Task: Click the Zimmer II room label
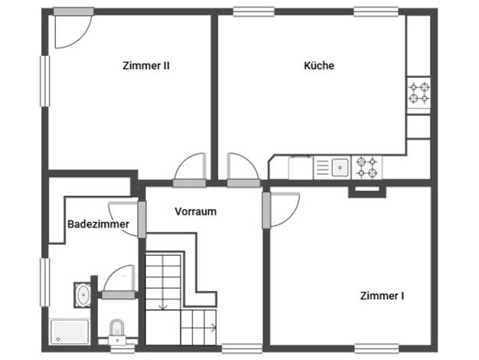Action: (145, 66)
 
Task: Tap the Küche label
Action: (319, 65)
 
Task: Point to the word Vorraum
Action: (196, 211)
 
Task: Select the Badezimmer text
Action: (98, 224)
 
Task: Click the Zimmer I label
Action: (382, 296)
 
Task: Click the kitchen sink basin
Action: (340, 167)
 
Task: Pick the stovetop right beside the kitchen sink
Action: (367, 167)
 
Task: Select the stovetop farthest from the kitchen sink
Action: (419, 93)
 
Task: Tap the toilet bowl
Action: (117, 328)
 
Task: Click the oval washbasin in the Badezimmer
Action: (83, 295)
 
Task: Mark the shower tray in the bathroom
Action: (70, 332)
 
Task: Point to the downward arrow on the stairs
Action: (163, 282)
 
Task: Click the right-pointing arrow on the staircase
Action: (199, 328)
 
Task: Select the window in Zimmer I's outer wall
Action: (376, 349)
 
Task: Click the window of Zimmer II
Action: (45, 81)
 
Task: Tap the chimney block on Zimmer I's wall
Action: (367, 191)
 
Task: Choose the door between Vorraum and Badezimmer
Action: (142, 219)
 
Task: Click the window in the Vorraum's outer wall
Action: (242, 349)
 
